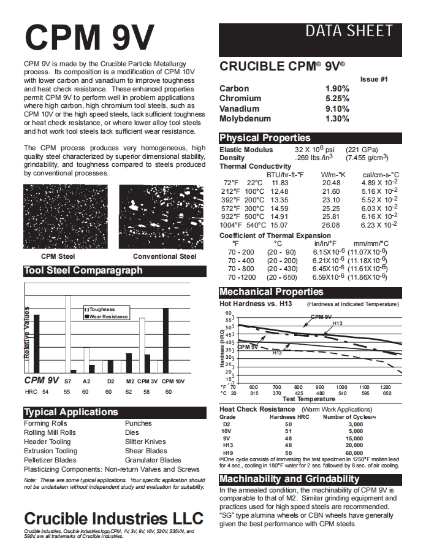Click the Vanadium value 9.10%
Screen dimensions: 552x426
click(337, 109)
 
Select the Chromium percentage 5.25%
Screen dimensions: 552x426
click(337, 98)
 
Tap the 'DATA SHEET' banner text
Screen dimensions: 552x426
click(348, 31)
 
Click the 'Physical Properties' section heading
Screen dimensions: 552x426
click(265, 138)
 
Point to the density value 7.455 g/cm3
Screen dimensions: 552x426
click(367, 158)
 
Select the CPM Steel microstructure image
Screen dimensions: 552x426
click(58, 217)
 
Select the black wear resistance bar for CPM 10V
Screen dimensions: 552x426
click(165, 340)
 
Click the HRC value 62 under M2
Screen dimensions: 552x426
click(129, 391)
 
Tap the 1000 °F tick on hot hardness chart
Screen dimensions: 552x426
click(341, 387)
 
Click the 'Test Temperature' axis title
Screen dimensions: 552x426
click(309, 399)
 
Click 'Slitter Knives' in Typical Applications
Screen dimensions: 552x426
click(145, 442)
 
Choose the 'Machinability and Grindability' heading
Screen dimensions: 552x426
click(289, 479)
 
